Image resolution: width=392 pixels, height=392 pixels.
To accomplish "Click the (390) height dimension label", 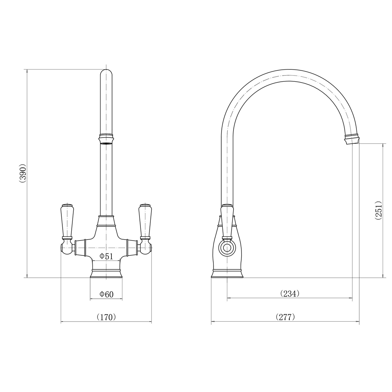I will tap(22, 173).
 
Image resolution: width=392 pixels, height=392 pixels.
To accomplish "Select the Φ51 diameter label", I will tap(106, 256).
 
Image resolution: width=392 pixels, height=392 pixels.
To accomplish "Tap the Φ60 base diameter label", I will tap(106, 294).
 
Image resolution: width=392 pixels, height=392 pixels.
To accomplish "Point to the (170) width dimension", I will tap(106, 317).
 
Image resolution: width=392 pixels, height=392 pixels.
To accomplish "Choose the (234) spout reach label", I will tap(290, 294).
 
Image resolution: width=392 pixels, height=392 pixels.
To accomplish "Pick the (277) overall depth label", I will tap(285, 317).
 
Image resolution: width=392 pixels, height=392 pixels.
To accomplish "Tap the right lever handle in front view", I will tap(145, 221).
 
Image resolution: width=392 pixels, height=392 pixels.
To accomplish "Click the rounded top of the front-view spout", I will tap(106, 74).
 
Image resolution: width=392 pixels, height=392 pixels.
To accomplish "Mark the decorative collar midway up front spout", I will tap(106, 138).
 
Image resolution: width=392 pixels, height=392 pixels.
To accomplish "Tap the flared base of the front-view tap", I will tap(106, 273).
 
